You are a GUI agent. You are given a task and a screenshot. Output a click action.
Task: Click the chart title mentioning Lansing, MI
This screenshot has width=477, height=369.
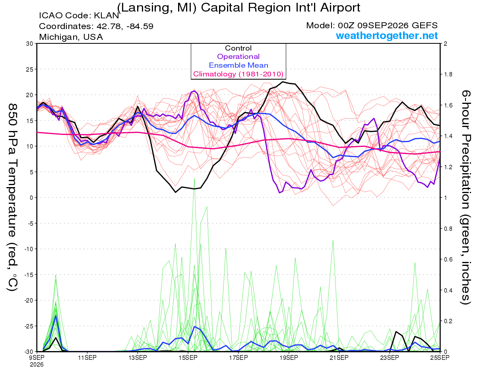(238, 8)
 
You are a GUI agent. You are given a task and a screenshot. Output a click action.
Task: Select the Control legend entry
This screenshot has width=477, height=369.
(238, 48)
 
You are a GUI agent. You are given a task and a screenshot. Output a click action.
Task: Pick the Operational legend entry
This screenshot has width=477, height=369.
(238, 57)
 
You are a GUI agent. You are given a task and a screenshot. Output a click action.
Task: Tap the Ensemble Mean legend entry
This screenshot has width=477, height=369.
(238, 65)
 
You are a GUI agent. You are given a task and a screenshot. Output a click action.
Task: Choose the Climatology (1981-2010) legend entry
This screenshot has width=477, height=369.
(238, 74)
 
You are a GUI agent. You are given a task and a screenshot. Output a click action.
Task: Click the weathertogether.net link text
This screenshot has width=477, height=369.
(387, 35)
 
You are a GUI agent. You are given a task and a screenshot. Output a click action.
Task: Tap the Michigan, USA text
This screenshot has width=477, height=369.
(71, 37)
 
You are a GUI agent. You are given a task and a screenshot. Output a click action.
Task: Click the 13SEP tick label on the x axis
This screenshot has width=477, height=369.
(138, 357)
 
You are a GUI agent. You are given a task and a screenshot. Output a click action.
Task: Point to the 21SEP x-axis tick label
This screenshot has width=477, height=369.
(339, 357)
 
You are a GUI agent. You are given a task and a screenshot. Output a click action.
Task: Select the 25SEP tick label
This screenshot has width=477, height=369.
(440, 357)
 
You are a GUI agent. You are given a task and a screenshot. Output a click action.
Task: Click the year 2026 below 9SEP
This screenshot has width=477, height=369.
(37, 365)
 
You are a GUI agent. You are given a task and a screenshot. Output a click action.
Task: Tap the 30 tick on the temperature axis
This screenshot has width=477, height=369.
(30, 44)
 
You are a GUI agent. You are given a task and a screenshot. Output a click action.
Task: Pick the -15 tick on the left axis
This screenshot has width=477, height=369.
(29, 275)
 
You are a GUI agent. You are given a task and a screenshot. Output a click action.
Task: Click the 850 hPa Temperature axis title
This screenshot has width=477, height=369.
(12, 197)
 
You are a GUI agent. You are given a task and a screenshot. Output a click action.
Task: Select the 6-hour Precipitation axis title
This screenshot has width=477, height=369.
(466, 197)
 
